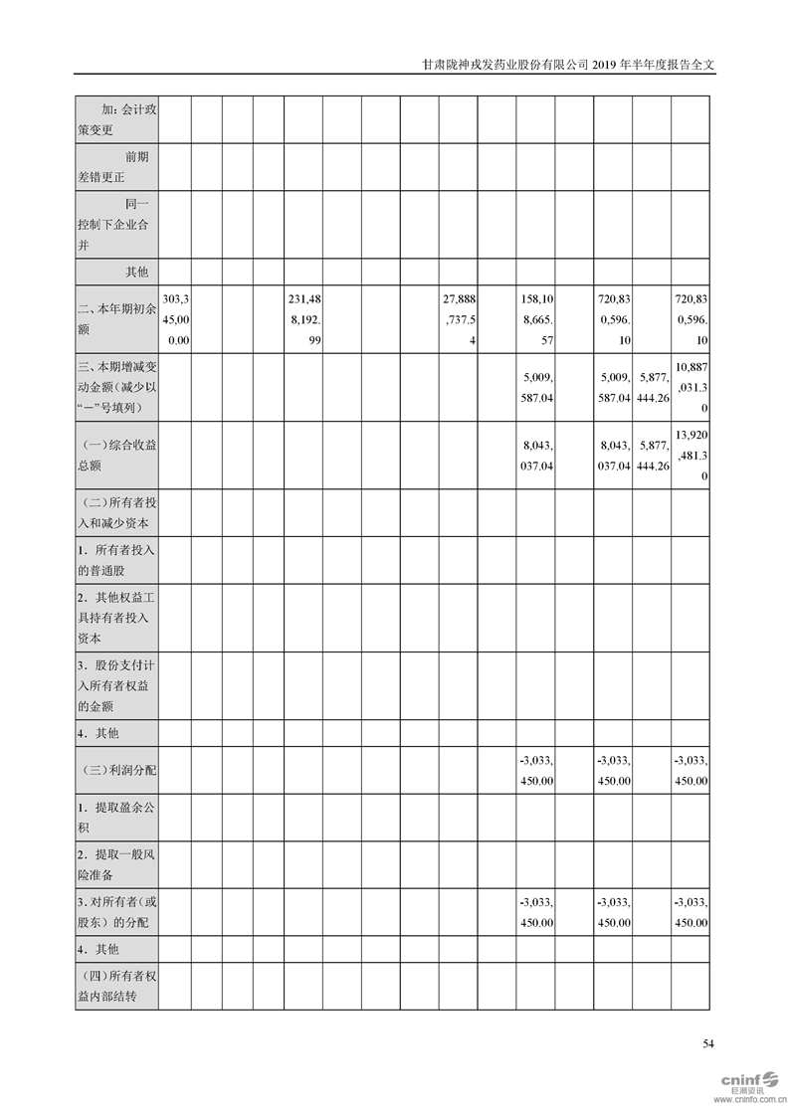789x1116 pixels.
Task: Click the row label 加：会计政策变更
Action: tap(116, 119)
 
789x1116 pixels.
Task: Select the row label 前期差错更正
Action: tap(116, 167)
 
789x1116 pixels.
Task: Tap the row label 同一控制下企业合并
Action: tap(116, 224)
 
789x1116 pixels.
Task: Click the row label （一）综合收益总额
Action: tap(116, 455)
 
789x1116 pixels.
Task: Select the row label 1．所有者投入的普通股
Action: tap(116, 561)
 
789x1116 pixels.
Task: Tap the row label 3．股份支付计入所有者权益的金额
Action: tap(116, 686)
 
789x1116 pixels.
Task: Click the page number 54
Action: tap(708, 1043)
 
